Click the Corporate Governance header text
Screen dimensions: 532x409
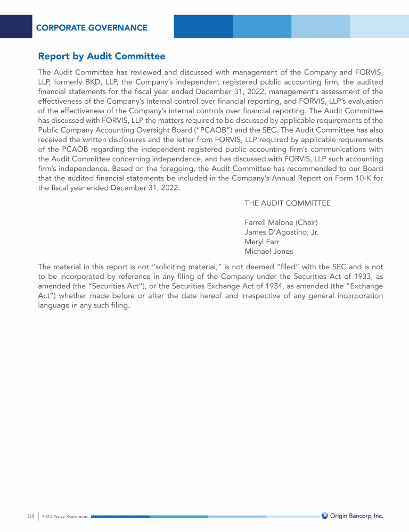tap(92, 28)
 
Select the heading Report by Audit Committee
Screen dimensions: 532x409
tap(102, 56)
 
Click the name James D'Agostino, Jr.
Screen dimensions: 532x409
tap(282, 231)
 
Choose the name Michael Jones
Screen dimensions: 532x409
tap(268, 251)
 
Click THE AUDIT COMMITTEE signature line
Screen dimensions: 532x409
tap(288, 203)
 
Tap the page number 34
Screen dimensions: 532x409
tap(31, 516)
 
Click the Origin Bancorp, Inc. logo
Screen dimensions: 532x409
tap(353, 516)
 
